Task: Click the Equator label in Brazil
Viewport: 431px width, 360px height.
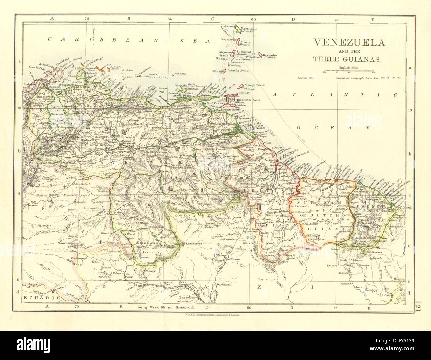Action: point(268,279)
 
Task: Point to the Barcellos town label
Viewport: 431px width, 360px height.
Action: point(184,297)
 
